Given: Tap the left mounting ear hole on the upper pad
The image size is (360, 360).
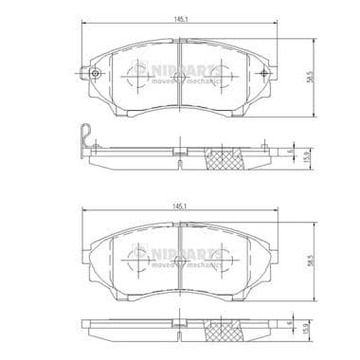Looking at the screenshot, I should coord(93,73).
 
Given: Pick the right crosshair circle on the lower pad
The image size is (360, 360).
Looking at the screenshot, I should coord(221,256).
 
